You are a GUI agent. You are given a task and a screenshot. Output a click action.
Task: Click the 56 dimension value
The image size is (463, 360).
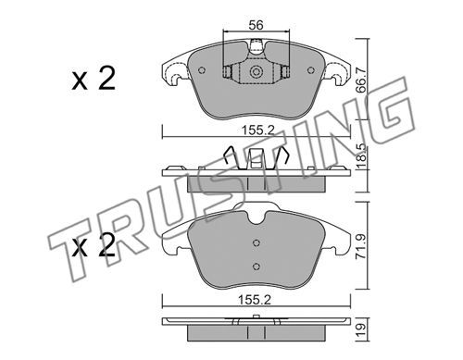[x=257, y=25]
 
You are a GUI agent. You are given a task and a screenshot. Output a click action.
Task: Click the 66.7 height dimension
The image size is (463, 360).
[x=361, y=81]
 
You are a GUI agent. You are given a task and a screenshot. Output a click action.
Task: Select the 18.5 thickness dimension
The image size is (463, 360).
[x=361, y=156]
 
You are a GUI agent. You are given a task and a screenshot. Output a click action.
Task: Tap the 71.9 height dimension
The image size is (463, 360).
[x=361, y=246]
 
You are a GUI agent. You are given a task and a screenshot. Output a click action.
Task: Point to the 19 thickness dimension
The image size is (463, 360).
[x=361, y=329]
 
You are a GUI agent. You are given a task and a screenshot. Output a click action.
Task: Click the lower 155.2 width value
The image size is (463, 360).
[x=255, y=300]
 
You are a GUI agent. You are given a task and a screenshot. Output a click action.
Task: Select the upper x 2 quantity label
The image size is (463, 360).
[x=94, y=79]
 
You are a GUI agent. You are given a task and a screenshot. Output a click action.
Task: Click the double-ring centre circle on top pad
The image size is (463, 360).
[x=256, y=72]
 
